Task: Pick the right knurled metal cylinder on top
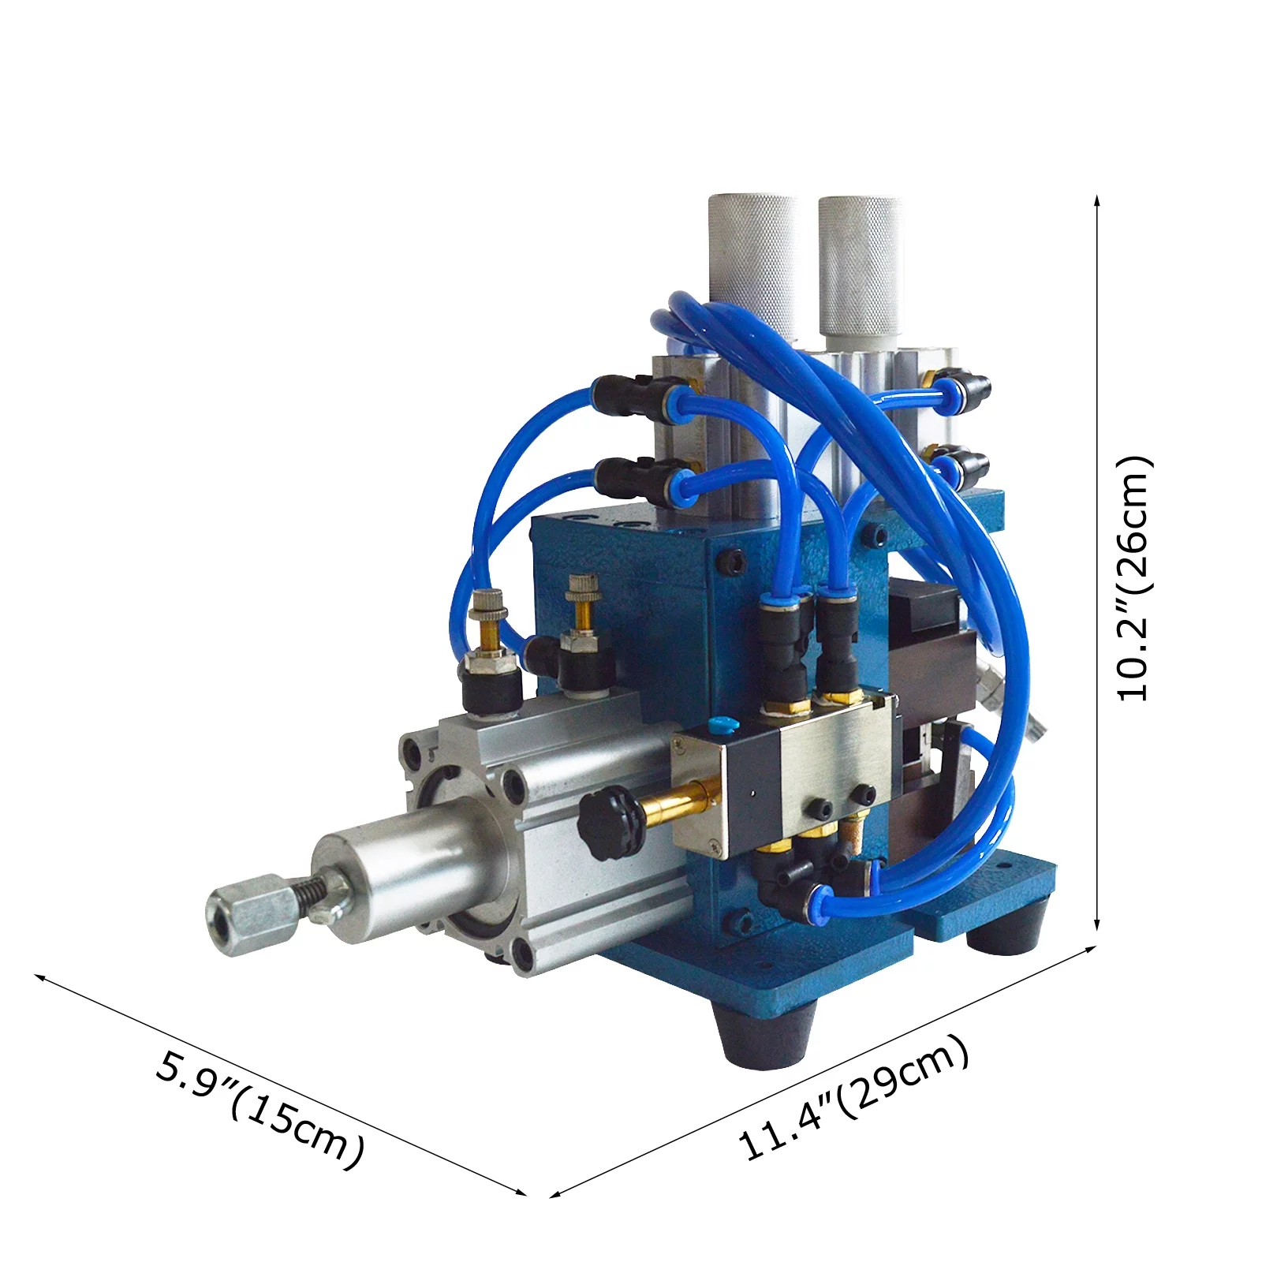point(859,264)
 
